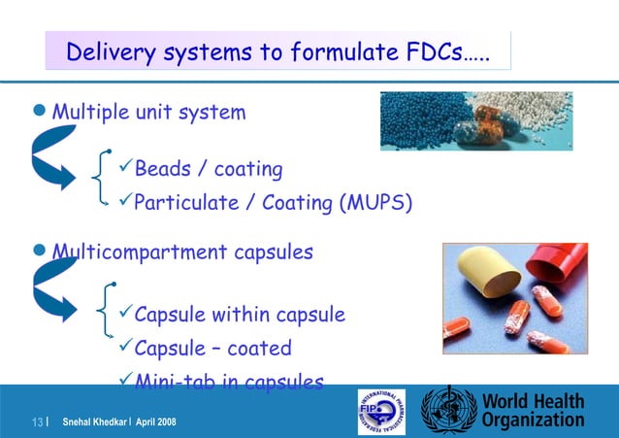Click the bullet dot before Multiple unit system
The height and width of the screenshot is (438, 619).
41,112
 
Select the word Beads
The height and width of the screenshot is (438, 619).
162,170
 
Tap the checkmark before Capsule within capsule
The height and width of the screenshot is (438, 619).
122,315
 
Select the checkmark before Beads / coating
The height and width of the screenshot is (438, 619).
123,170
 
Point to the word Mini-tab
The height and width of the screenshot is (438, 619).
172,382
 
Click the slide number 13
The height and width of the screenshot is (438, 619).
39,421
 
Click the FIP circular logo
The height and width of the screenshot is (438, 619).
383,411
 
